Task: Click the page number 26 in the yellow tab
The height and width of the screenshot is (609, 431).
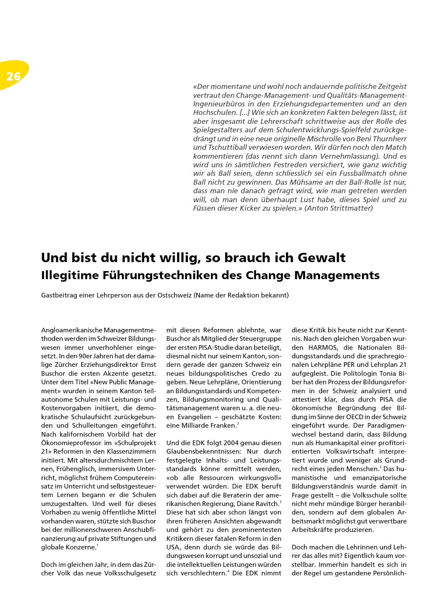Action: [x=14, y=76]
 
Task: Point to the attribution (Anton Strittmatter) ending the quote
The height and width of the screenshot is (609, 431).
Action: [x=339, y=208]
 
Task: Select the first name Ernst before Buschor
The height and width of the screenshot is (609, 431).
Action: [x=148, y=365]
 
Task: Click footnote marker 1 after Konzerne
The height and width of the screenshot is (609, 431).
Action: [x=98, y=546]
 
